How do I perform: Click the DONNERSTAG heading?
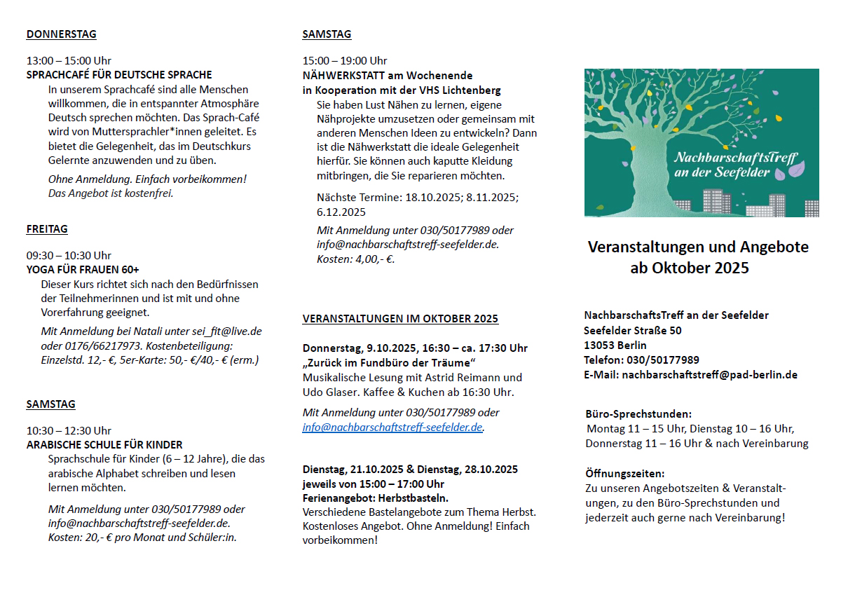[61, 34]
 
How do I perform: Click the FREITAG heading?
[47, 229]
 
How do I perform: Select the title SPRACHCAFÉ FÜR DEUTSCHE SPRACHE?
[119, 75]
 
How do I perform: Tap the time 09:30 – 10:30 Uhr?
[69, 255]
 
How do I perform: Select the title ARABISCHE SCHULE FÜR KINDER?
[104, 445]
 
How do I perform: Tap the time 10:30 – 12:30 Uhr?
[69, 430]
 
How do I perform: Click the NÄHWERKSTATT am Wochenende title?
[388, 76]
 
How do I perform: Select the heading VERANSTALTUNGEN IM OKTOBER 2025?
[400, 319]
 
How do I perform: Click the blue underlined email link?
[392, 428]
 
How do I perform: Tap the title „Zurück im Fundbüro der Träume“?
[389, 362]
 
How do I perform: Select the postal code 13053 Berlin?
[615, 346]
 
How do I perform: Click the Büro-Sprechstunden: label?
[638, 414]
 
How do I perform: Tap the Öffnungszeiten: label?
[624, 474]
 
